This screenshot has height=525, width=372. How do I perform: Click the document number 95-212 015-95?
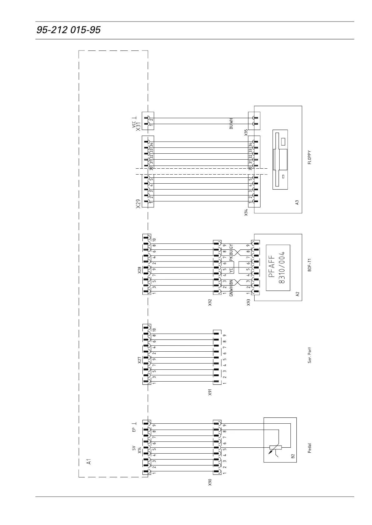click(x=69, y=30)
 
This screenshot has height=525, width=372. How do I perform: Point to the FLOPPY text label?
click(x=309, y=158)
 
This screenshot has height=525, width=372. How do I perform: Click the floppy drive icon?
click(x=280, y=159)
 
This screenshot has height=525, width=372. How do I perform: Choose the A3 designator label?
click(x=297, y=202)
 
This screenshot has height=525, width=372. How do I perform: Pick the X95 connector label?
click(x=246, y=132)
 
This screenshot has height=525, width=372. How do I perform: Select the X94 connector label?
click(x=246, y=213)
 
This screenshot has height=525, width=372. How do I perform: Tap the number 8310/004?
click(x=282, y=267)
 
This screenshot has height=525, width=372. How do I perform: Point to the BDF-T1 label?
click(x=309, y=265)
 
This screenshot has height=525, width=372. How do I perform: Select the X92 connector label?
click(x=210, y=302)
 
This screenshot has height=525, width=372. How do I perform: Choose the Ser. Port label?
click(x=309, y=355)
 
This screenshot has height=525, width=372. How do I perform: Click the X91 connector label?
click(x=210, y=392)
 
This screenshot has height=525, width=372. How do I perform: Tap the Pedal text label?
click(x=309, y=448)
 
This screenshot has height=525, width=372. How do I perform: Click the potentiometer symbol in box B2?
click(x=275, y=448)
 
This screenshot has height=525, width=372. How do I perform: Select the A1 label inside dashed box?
click(x=89, y=461)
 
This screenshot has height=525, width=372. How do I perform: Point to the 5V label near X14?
click(x=134, y=448)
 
